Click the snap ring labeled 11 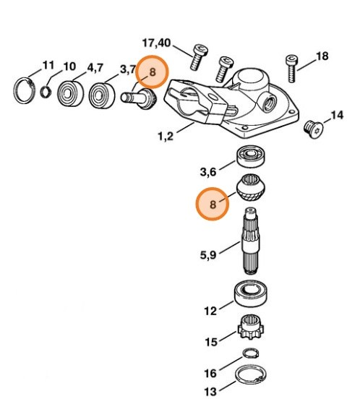[x=26, y=90]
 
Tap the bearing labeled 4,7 [x=69, y=93]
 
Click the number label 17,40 [x=155, y=43]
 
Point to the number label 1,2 [x=164, y=135]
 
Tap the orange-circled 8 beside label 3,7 [x=153, y=71]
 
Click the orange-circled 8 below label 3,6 [x=213, y=205]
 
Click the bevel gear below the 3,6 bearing [x=250, y=190]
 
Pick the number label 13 [x=210, y=391]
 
